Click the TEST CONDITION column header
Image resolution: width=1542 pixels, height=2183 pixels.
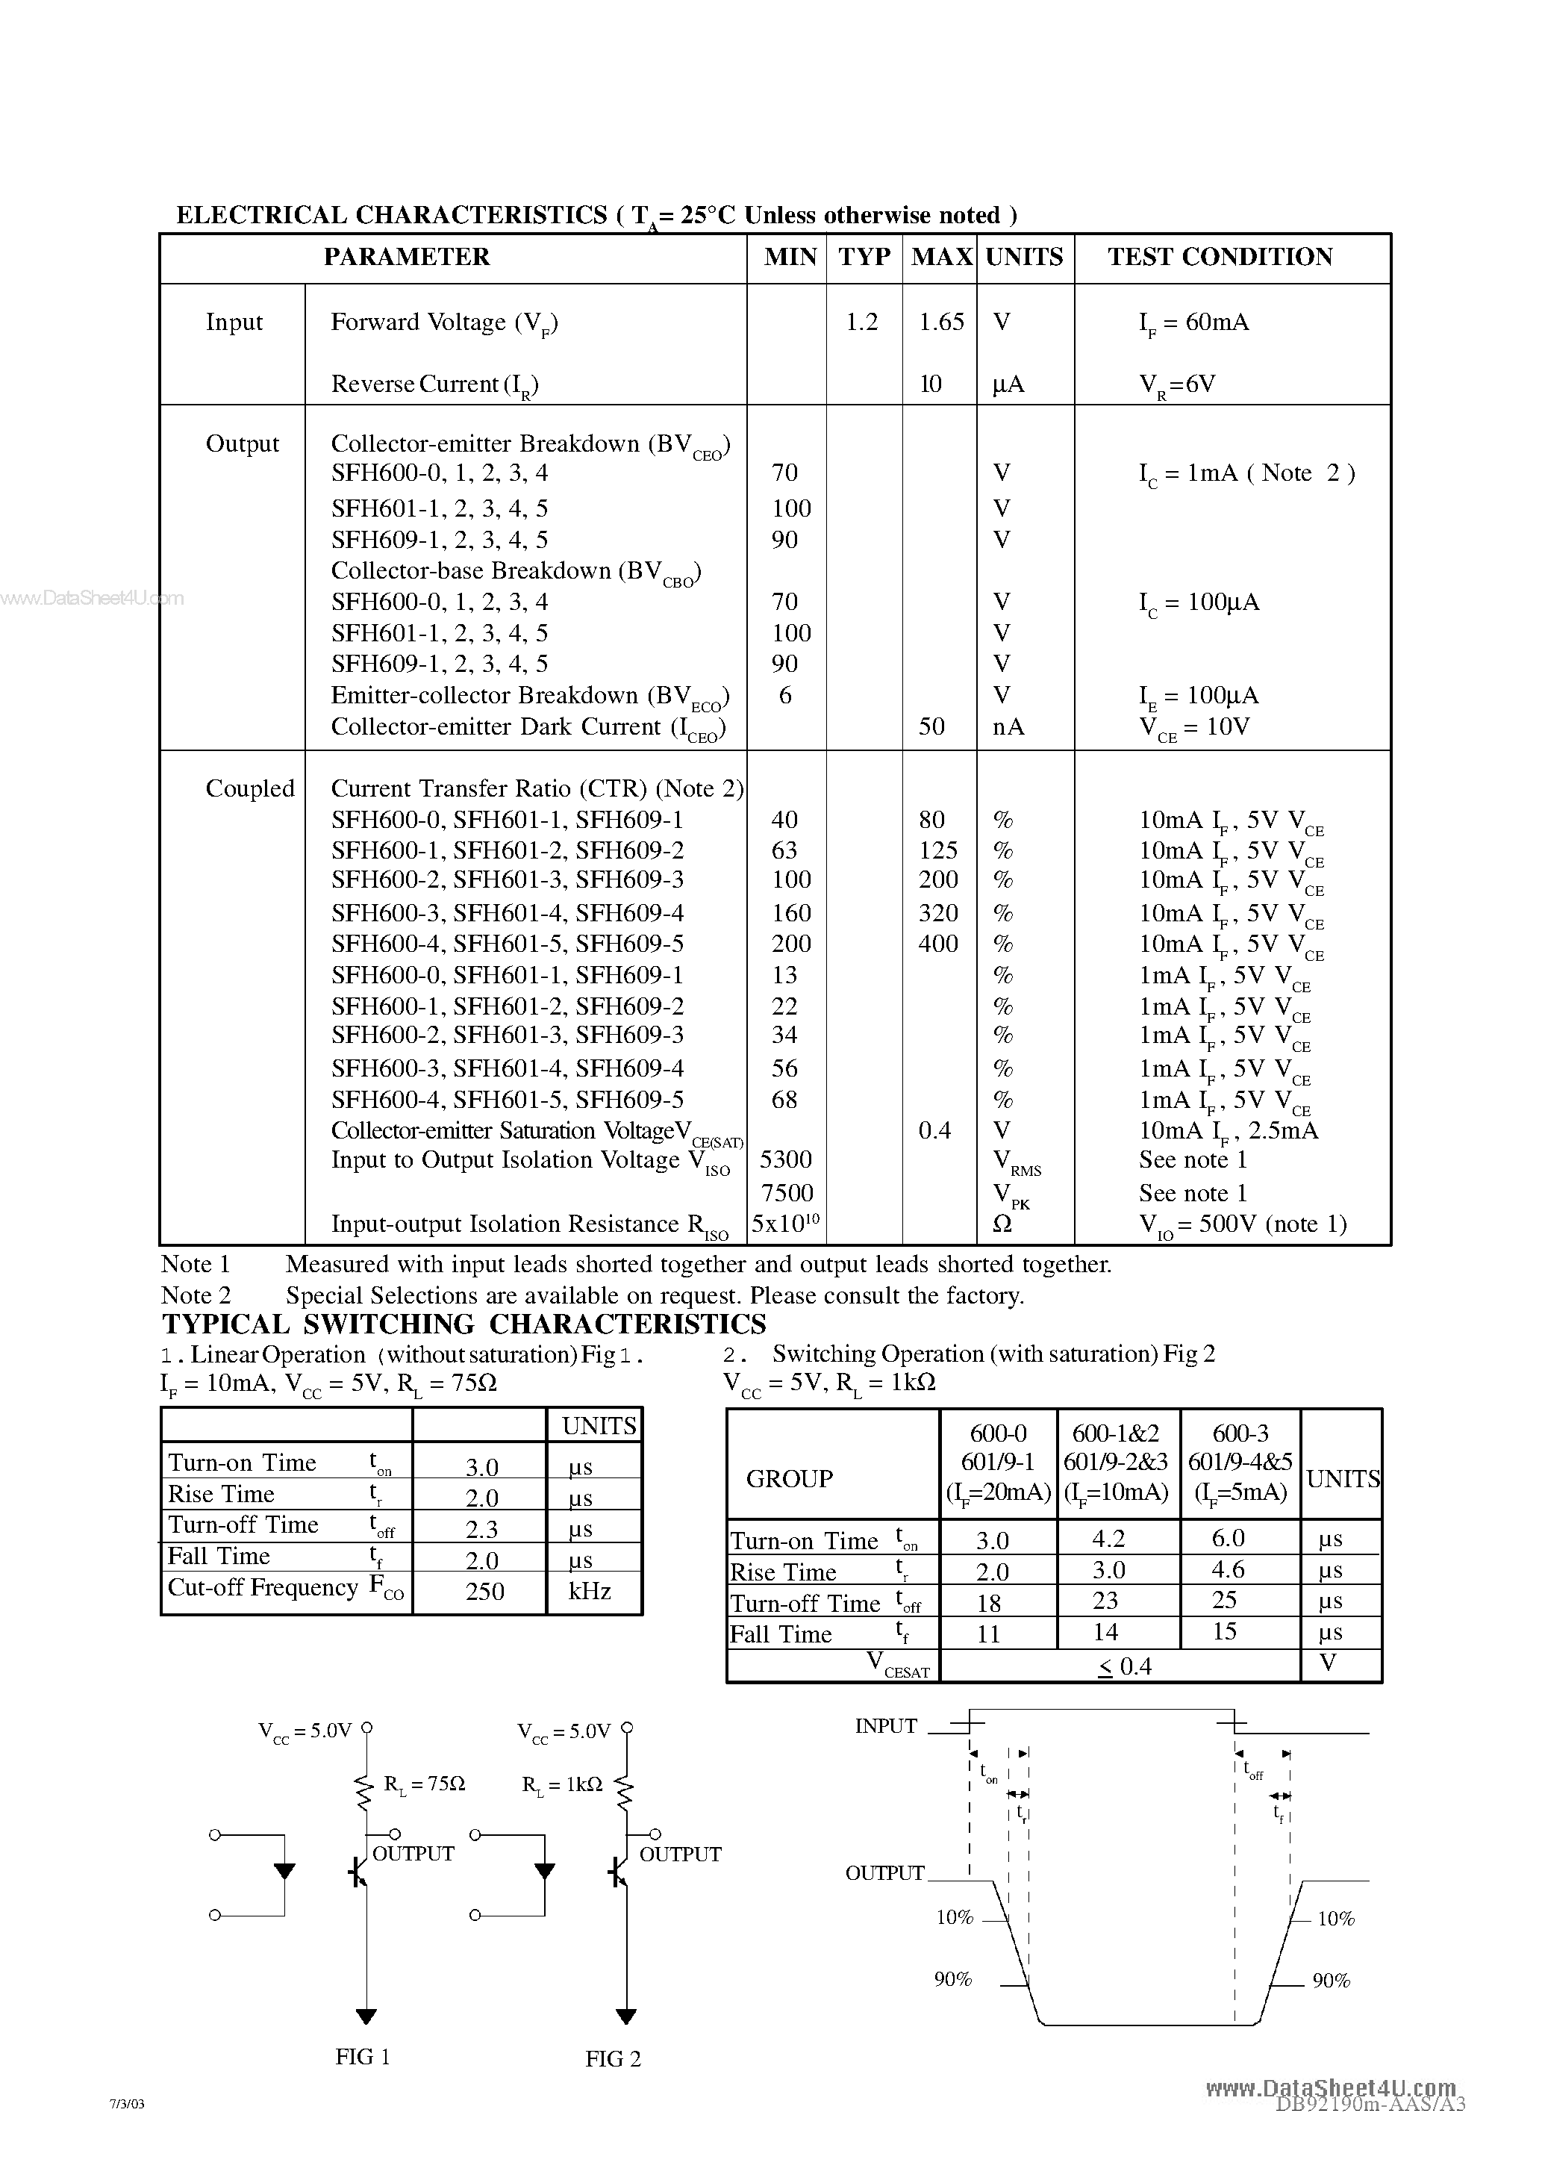pos(1220,257)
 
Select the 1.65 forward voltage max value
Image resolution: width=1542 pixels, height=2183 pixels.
pos(941,323)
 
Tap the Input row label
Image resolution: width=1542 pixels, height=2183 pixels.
pos(234,323)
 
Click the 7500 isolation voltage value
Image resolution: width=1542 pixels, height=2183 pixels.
pos(787,1192)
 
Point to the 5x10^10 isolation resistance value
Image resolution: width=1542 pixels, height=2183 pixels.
pos(785,1224)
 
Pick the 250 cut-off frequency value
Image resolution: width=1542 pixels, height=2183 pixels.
pos(484,1592)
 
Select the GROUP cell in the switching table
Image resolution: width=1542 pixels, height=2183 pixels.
pos(789,1478)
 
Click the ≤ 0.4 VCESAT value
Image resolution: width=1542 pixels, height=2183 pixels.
pos(1125,1666)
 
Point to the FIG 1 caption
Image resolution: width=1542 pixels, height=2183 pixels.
pos(362,2057)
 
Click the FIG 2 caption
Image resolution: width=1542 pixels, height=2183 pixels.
pos(614,2058)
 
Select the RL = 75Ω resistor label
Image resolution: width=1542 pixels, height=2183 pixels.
pos(424,1784)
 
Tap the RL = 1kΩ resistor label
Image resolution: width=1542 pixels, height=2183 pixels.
pos(562,1784)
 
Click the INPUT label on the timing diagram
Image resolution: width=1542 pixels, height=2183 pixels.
pos(885,1725)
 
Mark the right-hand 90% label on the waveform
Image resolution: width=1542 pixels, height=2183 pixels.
pos(1331,1981)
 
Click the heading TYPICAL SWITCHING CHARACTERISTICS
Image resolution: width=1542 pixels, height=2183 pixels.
pos(464,1324)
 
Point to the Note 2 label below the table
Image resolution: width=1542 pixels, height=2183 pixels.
pos(196,1295)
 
